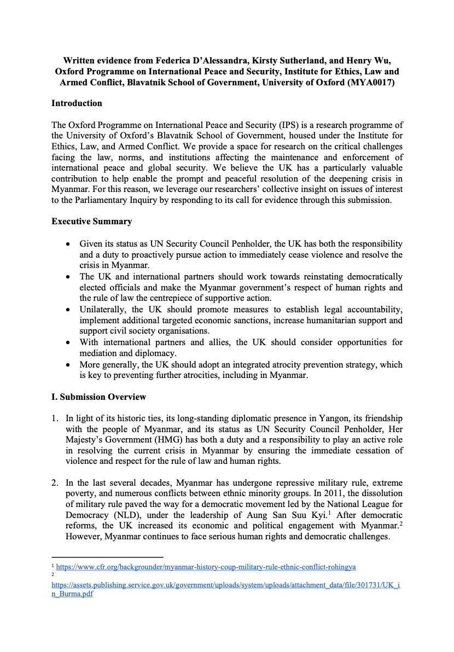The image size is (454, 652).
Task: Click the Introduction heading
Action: (x=77, y=103)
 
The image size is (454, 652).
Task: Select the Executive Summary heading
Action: (x=91, y=222)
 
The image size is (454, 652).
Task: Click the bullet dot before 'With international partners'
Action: (x=67, y=342)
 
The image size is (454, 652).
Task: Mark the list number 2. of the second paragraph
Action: (x=55, y=483)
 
